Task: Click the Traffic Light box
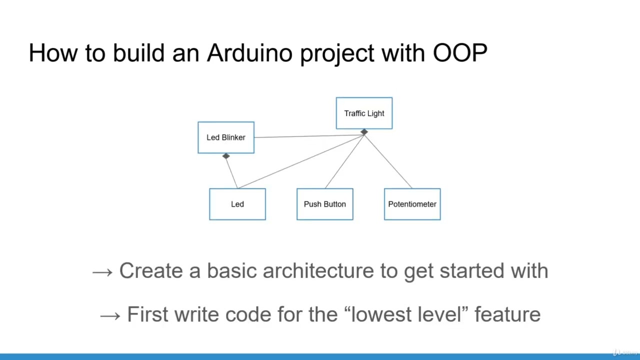[x=364, y=113]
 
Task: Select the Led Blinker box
[x=226, y=137]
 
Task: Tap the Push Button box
[x=325, y=204]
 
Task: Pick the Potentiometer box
[x=412, y=204]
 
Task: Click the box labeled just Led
[x=237, y=204]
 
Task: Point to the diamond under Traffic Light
[x=364, y=132]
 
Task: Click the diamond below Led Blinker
[x=226, y=156]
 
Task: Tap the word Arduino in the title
[x=249, y=53]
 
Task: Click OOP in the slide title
[x=460, y=53]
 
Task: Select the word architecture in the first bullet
[x=318, y=271]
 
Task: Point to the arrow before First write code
[x=110, y=315]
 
